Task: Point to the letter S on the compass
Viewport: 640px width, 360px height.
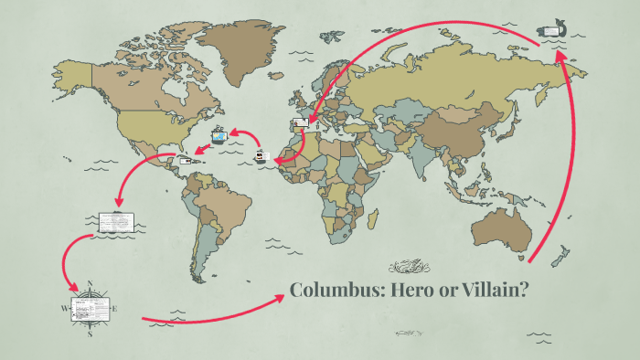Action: (90, 334)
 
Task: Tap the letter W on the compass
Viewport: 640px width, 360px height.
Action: (64, 309)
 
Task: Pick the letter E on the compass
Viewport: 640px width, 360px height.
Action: (115, 309)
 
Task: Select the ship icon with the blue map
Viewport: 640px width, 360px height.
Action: (219, 138)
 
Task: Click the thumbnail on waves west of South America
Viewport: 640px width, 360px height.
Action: (116, 221)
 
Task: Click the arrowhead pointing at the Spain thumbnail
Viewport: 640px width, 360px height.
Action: (312, 120)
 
